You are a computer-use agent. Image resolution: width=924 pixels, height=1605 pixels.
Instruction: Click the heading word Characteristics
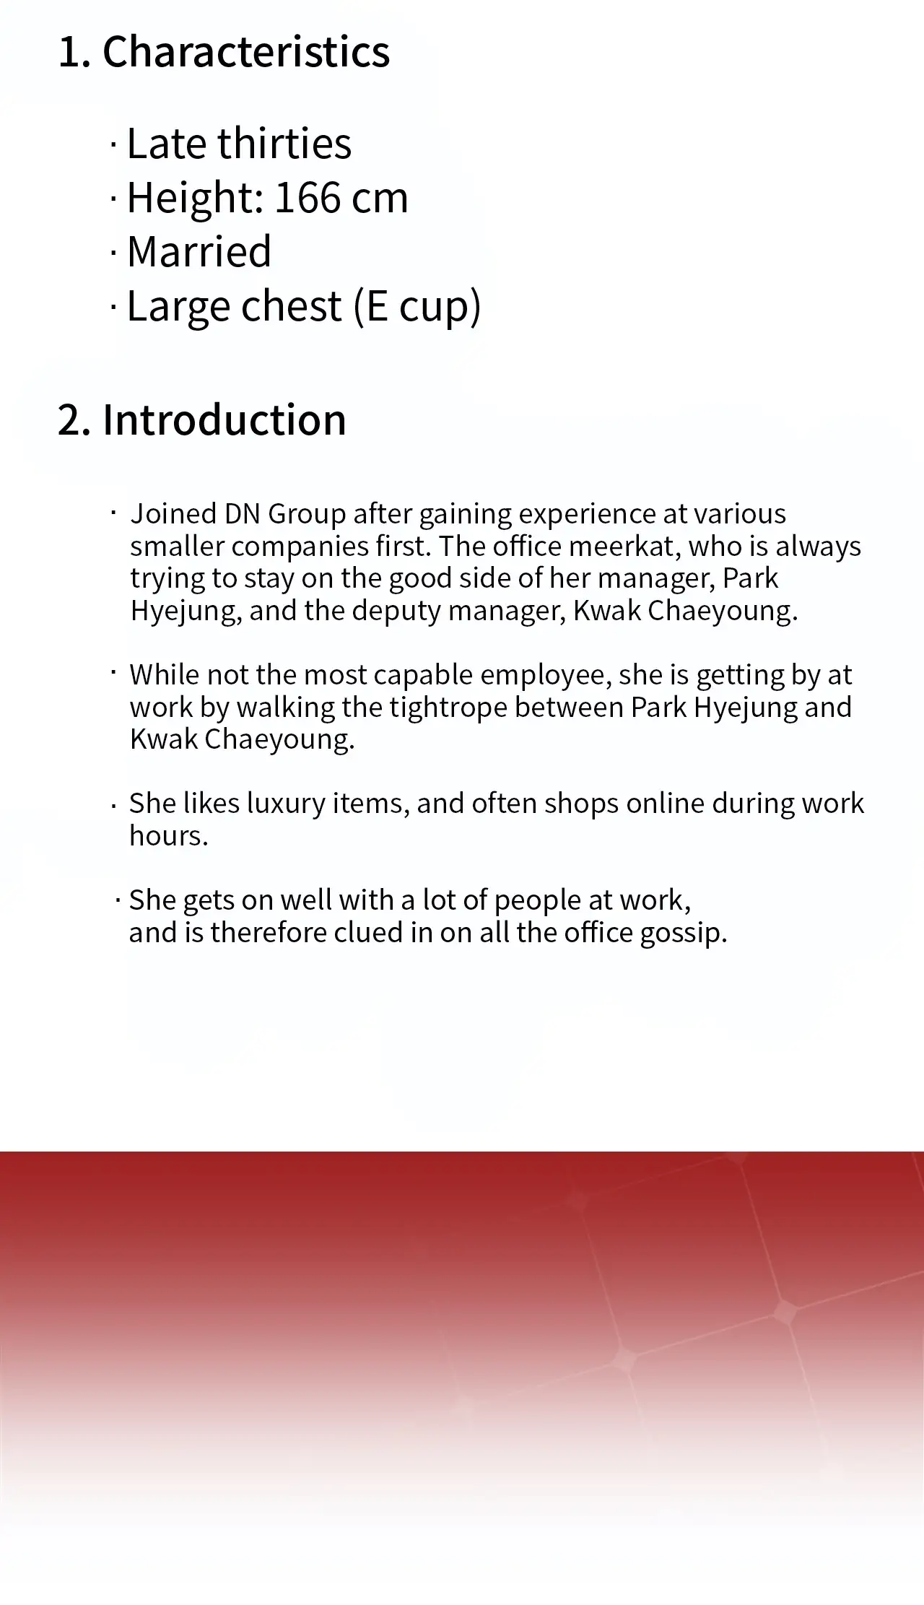(x=246, y=52)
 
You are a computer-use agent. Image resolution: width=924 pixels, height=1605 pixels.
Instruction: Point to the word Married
(x=199, y=251)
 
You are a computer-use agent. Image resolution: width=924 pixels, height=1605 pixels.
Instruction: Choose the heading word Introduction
(x=225, y=419)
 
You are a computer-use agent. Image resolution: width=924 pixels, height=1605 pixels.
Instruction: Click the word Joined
(x=173, y=514)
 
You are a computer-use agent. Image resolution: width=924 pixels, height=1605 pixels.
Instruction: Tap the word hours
(x=169, y=836)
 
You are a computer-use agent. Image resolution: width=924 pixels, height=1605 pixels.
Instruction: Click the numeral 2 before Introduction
(x=70, y=420)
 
